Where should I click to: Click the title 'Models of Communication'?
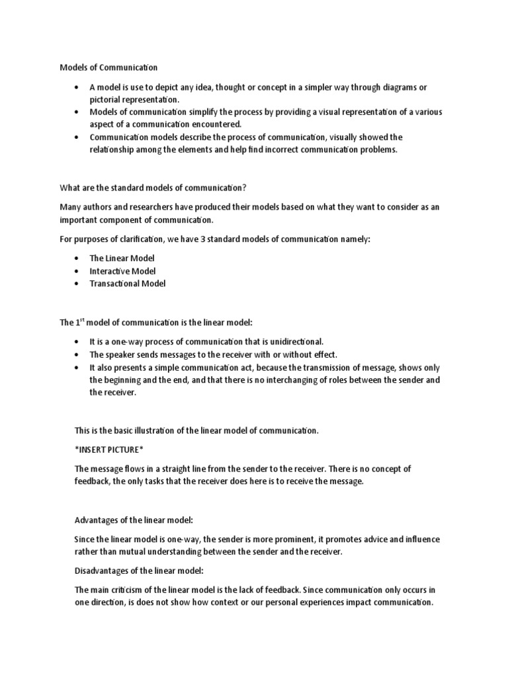click(108, 67)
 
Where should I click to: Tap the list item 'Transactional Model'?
click(128, 283)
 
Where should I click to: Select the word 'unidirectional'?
click(295, 341)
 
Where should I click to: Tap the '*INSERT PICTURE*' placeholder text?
click(108, 450)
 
